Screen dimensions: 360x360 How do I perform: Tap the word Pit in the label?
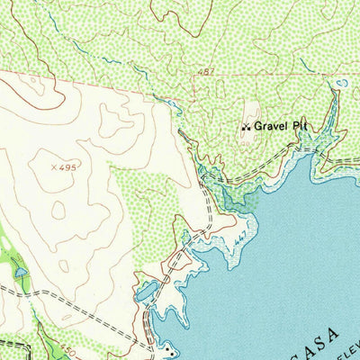click(300, 127)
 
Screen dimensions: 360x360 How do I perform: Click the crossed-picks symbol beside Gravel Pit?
click(245, 128)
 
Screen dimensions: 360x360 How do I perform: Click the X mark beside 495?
click(55, 166)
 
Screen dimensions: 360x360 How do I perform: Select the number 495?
click(68, 166)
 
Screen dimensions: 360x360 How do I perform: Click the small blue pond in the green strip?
click(19, 270)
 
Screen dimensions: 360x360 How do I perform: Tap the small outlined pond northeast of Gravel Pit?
click(340, 83)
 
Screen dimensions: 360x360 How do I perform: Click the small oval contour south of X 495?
click(58, 209)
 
